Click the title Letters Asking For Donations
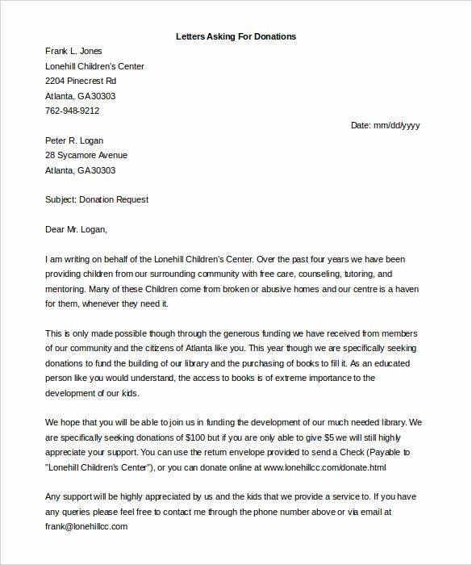pyautogui.click(x=236, y=36)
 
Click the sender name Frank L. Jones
pyautogui.click(x=73, y=52)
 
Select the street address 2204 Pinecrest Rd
pyautogui.click(x=81, y=82)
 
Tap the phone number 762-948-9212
pyautogui.click(x=73, y=111)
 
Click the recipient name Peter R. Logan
pyautogui.click(x=74, y=140)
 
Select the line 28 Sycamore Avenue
pyautogui.click(x=86, y=155)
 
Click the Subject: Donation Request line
pyautogui.click(x=97, y=199)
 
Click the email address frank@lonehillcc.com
pyautogui.click(x=86, y=525)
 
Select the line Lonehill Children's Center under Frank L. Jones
pyautogui.click(x=95, y=66)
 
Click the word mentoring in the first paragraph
pyautogui.click(x=68, y=289)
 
